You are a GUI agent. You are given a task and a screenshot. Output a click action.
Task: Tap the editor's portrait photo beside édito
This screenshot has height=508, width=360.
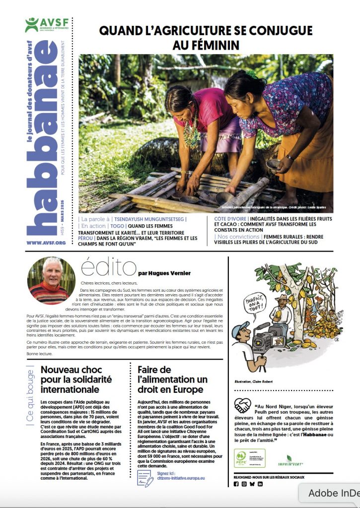pos(48,280)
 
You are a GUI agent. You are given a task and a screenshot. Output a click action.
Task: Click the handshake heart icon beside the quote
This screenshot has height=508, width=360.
pos(242,405)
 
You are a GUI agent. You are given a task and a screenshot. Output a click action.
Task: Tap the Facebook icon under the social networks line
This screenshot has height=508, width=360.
pos(236,484)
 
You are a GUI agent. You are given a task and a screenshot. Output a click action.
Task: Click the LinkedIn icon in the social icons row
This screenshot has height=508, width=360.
pos(260,484)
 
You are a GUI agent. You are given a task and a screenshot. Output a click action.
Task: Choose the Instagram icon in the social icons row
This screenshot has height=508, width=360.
pos(244,484)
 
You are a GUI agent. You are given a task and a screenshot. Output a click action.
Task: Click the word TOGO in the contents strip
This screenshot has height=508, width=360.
pos(118,226)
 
